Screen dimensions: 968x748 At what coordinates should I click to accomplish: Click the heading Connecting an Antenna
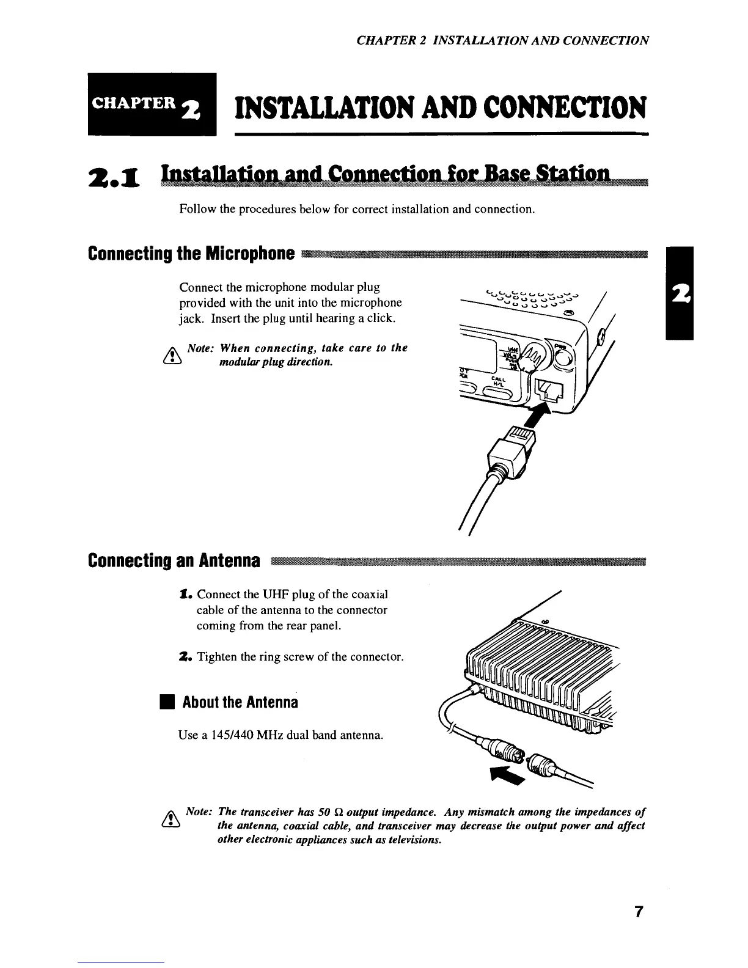tap(174, 560)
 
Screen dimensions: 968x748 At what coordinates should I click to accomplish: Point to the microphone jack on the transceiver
tap(548, 389)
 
